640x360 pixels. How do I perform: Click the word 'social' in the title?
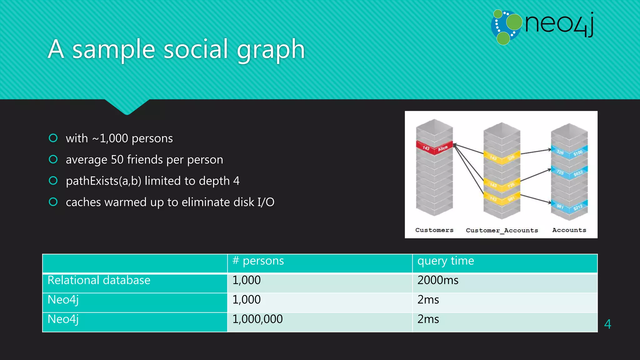196,49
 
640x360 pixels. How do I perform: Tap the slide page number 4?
607,324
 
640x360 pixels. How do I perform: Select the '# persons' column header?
258,261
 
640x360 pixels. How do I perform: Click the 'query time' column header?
446,261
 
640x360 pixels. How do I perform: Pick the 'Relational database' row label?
99,280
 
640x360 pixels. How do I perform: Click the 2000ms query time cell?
438,280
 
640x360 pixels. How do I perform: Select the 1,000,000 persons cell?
257,319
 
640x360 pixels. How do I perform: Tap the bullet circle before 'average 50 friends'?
53,159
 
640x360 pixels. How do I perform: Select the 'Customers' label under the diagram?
434,230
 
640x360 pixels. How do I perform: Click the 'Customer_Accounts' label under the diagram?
502,231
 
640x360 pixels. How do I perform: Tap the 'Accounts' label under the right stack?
569,230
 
